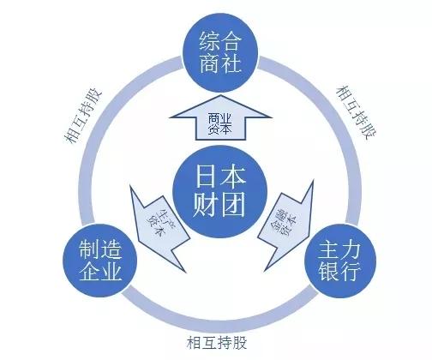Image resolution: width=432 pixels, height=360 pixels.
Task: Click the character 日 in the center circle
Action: [x=198, y=178]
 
